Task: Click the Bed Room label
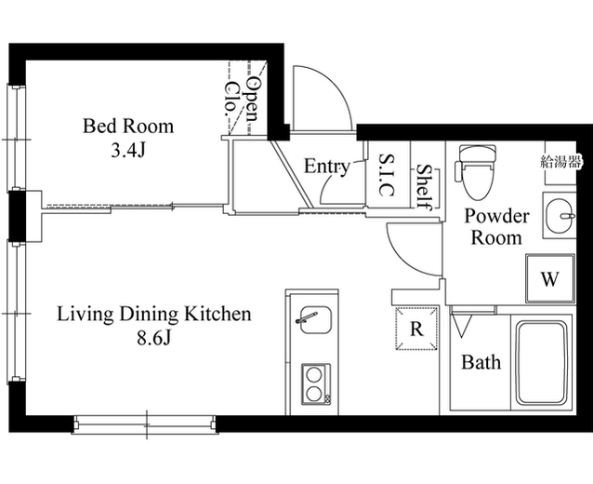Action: pyautogui.click(x=128, y=126)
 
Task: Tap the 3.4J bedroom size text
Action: pyautogui.click(x=128, y=151)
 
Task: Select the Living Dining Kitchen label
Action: pyautogui.click(x=154, y=314)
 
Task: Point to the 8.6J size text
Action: pyautogui.click(x=154, y=338)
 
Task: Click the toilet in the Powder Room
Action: pyautogui.click(x=476, y=172)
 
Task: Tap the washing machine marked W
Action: pyautogui.click(x=550, y=279)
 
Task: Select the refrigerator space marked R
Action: pyautogui.click(x=416, y=329)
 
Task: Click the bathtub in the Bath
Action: pyautogui.click(x=542, y=362)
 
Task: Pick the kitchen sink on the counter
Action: pyautogui.click(x=315, y=319)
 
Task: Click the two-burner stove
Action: pyautogui.click(x=316, y=384)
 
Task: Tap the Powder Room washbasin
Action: pyautogui.click(x=560, y=216)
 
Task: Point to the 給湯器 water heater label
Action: pyautogui.click(x=560, y=163)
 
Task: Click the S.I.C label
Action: pyautogui.click(x=387, y=175)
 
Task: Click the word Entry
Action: pyautogui.click(x=327, y=167)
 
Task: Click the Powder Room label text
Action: pyautogui.click(x=496, y=226)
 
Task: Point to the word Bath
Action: pyautogui.click(x=481, y=362)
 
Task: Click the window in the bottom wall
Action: pyautogui.click(x=144, y=423)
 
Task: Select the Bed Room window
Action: pyautogui.click(x=16, y=138)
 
